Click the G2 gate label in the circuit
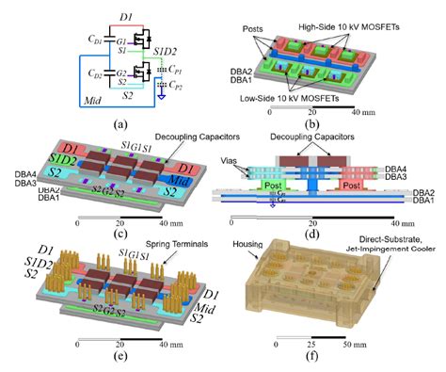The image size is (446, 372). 122,70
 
